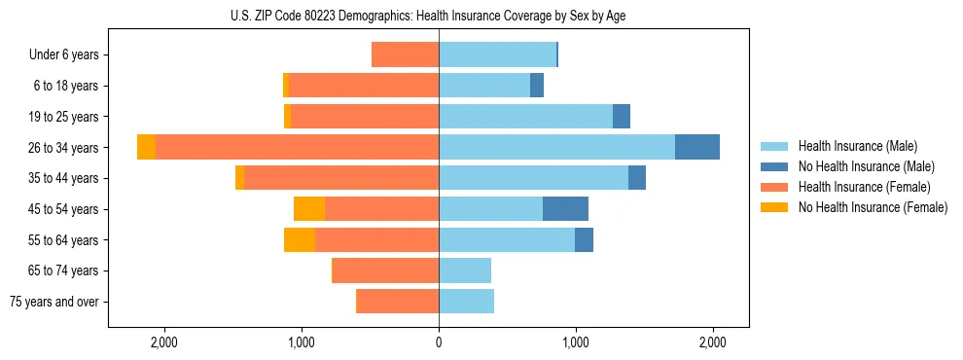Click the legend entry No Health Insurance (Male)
tap(865, 166)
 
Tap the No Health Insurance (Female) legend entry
tap(872, 207)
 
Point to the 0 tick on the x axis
tap(439, 342)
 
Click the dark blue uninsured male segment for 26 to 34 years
tap(697, 147)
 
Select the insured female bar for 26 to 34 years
tap(297, 147)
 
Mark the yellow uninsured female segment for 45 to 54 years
tap(309, 209)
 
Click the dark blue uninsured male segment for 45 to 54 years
tap(565, 209)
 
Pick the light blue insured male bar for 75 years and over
tap(466, 302)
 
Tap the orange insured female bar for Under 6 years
tap(405, 55)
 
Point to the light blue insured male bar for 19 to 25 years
tap(525, 117)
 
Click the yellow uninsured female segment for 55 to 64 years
tap(300, 240)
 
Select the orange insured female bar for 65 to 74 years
tap(386, 270)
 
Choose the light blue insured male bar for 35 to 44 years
tap(533, 178)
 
